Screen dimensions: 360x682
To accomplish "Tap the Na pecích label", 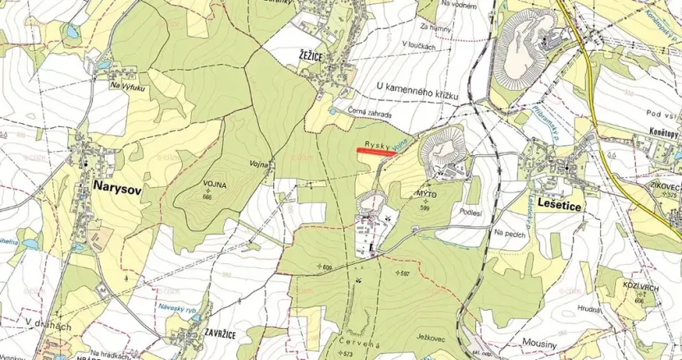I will (x=510, y=232).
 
